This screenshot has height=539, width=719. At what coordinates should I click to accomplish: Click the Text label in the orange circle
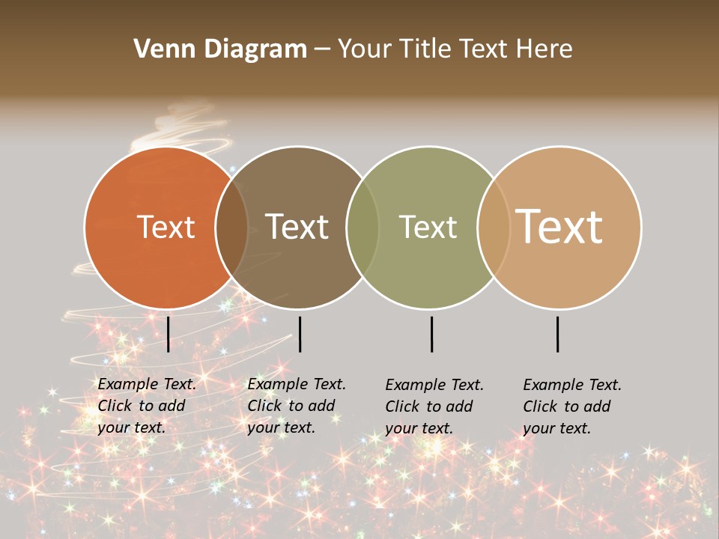point(166,227)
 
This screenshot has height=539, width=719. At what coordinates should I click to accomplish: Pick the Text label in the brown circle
point(297,227)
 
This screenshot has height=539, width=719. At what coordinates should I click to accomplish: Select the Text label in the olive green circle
point(428,227)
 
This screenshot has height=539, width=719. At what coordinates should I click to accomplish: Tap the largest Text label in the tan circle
point(559,226)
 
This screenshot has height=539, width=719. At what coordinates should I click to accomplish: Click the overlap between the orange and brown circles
point(231,228)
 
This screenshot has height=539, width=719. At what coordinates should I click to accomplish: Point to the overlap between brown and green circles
point(362,228)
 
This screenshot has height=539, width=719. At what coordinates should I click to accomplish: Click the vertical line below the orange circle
point(168,334)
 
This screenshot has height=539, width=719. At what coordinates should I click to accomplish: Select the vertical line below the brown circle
point(300,334)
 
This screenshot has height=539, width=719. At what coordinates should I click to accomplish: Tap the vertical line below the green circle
point(431,334)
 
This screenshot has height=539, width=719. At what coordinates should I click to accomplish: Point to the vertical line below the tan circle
point(557,334)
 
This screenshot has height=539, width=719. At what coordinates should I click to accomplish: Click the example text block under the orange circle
point(147,406)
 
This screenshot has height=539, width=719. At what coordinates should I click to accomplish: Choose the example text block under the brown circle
point(297,406)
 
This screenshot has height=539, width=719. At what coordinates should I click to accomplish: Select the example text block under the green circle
point(434,406)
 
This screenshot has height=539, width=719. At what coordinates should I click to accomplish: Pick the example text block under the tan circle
point(572,406)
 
